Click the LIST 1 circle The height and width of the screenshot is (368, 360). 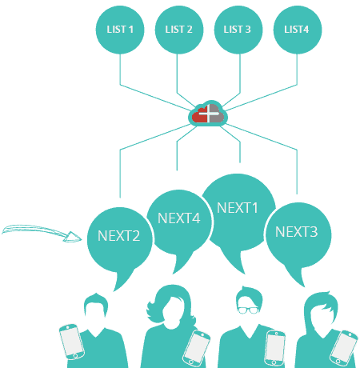pyautogui.click(x=120, y=30)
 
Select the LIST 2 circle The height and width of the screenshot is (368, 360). pyautogui.click(x=179, y=30)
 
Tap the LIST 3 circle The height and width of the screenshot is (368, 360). pyautogui.click(x=238, y=30)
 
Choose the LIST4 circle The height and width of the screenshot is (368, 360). pyautogui.click(x=298, y=30)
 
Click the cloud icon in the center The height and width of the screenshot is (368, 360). pyautogui.click(x=208, y=114)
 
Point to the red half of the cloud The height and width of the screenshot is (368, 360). pyautogui.click(x=200, y=114)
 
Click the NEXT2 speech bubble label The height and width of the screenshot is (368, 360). pyautogui.click(x=119, y=236)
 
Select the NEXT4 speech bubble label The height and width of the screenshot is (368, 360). pyautogui.click(x=179, y=218)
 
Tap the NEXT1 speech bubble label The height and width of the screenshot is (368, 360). pyautogui.click(x=238, y=208)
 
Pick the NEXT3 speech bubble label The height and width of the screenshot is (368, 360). pyautogui.click(x=297, y=231)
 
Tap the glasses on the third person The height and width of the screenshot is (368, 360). pyautogui.click(x=248, y=310)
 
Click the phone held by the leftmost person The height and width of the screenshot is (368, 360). pyautogui.click(x=72, y=342)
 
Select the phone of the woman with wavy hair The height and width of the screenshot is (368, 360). pyautogui.click(x=197, y=348)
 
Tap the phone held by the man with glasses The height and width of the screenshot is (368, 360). pyautogui.click(x=275, y=348)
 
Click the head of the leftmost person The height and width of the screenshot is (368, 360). pyautogui.click(x=96, y=306)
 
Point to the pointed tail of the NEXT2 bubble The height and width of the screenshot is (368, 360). pyautogui.click(x=114, y=290)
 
